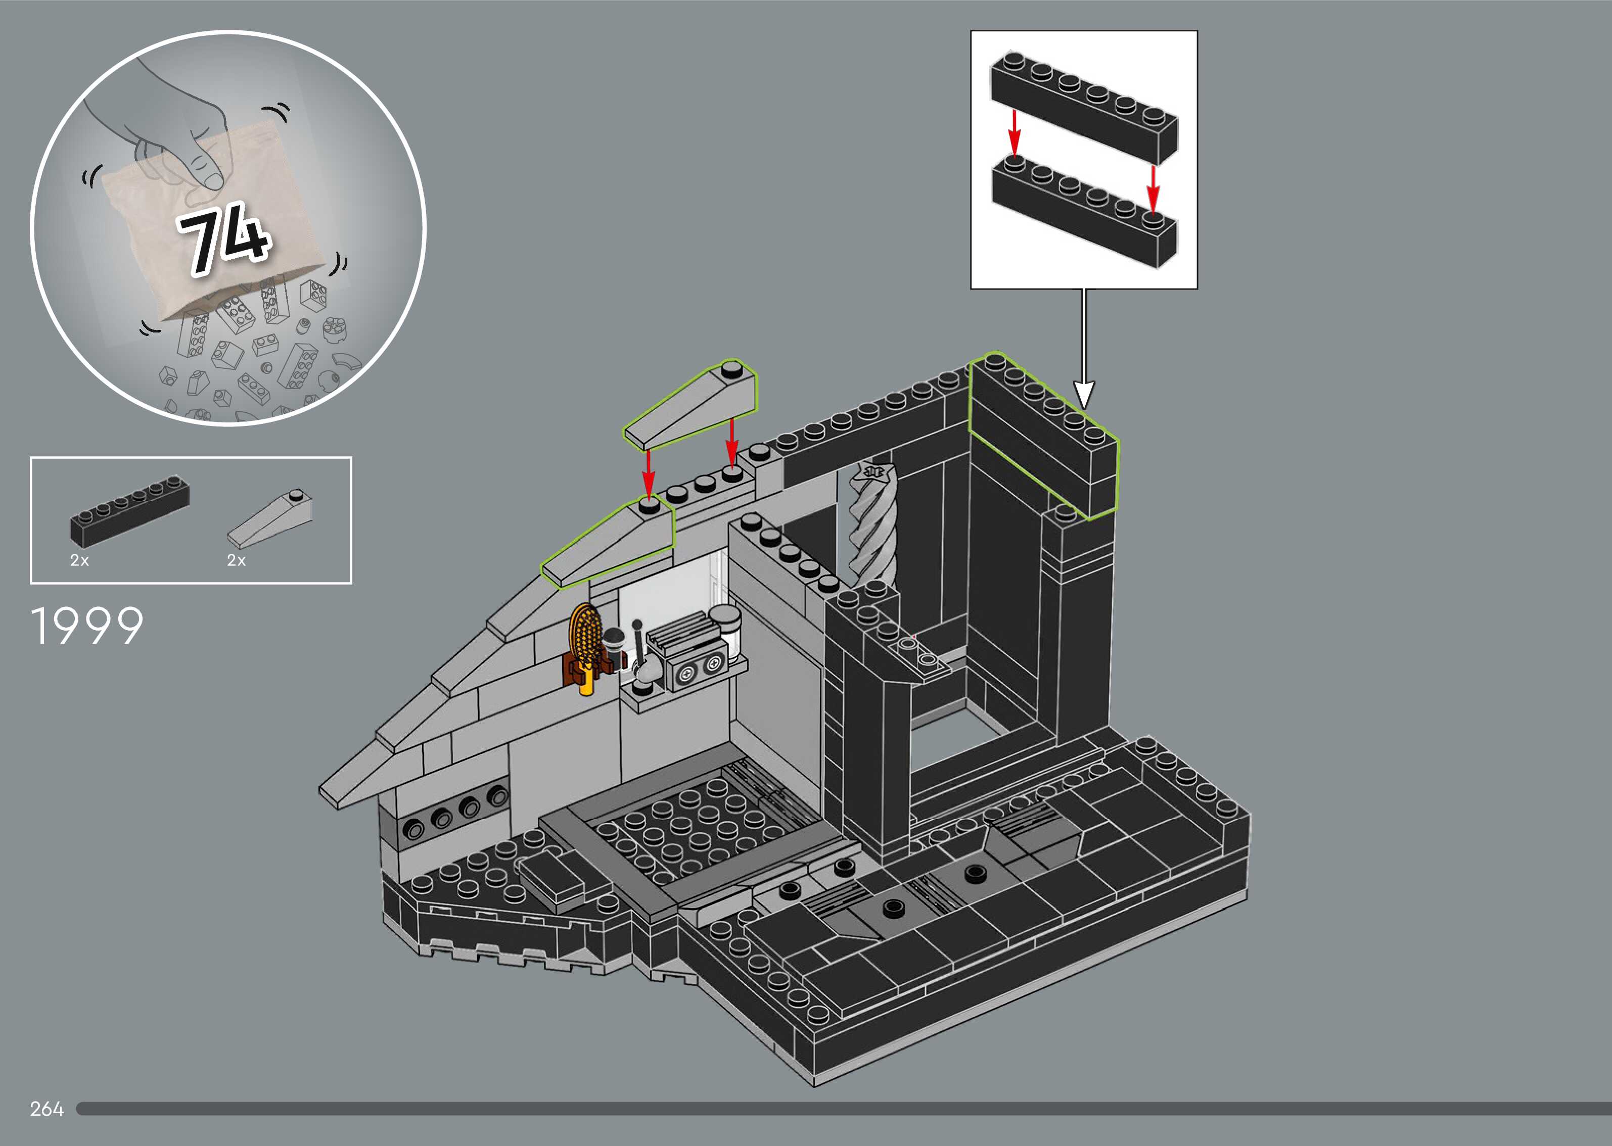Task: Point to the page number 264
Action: tap(47, 1109)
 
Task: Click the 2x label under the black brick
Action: tap(79, 560)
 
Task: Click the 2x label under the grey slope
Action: tap(236, 560)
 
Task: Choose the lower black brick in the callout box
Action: tap(1083, 212)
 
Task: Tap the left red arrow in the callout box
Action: tap(1014, 132)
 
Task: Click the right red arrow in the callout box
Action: tap(1153, 188)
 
